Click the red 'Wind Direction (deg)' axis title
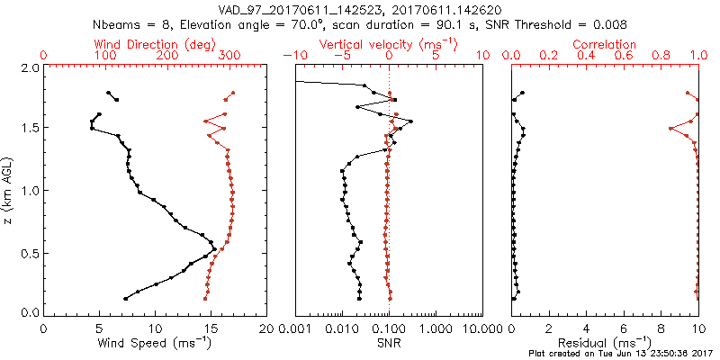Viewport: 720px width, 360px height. [155, 44]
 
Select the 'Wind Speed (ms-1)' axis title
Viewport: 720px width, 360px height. [155, 343]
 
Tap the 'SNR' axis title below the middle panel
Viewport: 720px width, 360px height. [388, 343]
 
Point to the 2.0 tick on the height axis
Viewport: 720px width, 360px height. [29, 67]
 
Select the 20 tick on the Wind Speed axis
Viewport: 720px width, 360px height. [266, 327]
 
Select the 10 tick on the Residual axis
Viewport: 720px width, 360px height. [698, 327]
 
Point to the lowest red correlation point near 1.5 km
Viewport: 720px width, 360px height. [670, 129]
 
